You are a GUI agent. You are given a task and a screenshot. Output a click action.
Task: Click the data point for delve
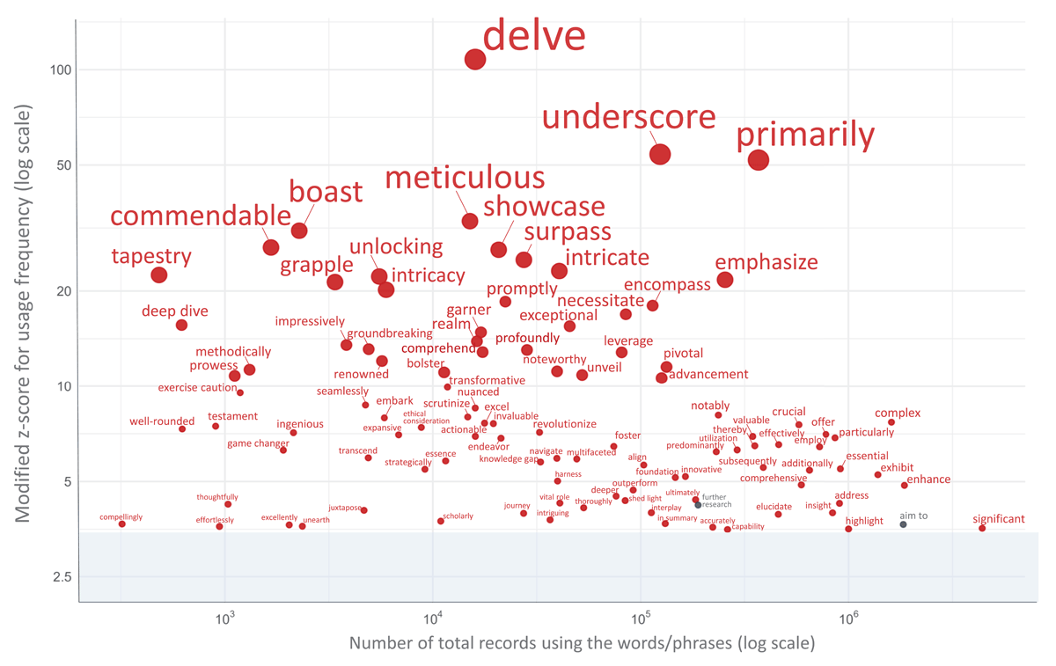coord(475,59)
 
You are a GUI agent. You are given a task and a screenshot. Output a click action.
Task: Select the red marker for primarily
coord(759,159)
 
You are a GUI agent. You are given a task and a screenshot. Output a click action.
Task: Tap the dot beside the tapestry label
coord(159,274)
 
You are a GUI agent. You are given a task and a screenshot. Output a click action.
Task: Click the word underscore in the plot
coord(629,118)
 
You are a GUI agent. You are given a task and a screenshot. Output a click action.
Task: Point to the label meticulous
coord(465,179)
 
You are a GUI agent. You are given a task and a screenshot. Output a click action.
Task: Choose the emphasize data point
coord(725,280)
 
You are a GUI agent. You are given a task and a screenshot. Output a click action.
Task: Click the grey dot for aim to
coord(903,524)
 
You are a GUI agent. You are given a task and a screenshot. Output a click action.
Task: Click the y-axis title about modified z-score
coord(24,314)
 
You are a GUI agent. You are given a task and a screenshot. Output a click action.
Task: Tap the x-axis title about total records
coord(582,643)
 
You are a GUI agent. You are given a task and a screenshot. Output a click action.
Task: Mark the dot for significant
coord(982,528)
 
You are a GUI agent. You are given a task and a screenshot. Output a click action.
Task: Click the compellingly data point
coord(122,524)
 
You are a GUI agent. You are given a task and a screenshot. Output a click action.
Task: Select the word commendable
coord(200,216)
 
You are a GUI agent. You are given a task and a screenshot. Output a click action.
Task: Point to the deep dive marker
coord(181,325)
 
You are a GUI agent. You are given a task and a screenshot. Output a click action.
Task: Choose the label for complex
coord(898,413)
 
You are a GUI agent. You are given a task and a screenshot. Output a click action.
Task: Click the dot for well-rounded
coord(182,428)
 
